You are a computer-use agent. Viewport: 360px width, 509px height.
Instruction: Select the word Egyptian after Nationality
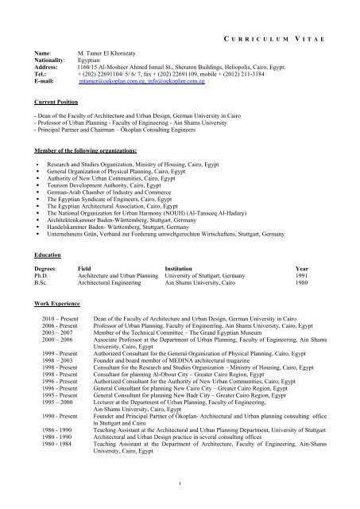[89, 58]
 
